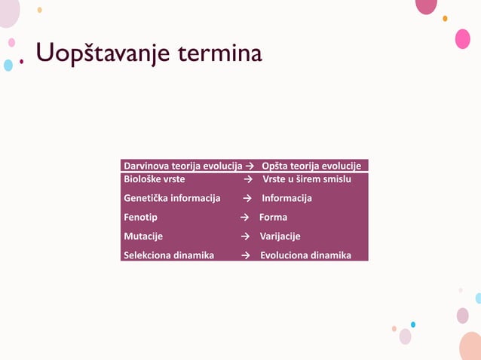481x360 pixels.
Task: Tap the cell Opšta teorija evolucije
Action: (311, 166)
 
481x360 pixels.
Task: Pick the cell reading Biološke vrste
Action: (154, 179)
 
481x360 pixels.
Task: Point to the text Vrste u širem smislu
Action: (307, 179)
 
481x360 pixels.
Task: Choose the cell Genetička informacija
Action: (172, 198)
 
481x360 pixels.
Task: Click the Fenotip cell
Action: (140, 217)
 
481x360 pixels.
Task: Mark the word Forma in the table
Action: (273, 217)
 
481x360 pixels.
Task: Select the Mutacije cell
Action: (143, 236)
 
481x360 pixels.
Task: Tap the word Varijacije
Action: (280, 236)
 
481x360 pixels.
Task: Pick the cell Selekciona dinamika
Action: (168, 255)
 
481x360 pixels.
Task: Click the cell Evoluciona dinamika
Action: (305, 255)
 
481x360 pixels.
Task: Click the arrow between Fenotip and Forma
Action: (245, 217)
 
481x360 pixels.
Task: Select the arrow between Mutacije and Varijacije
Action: (245, 236)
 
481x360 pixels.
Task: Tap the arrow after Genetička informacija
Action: (247, 198)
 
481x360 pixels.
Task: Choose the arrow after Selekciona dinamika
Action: (245, 255)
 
